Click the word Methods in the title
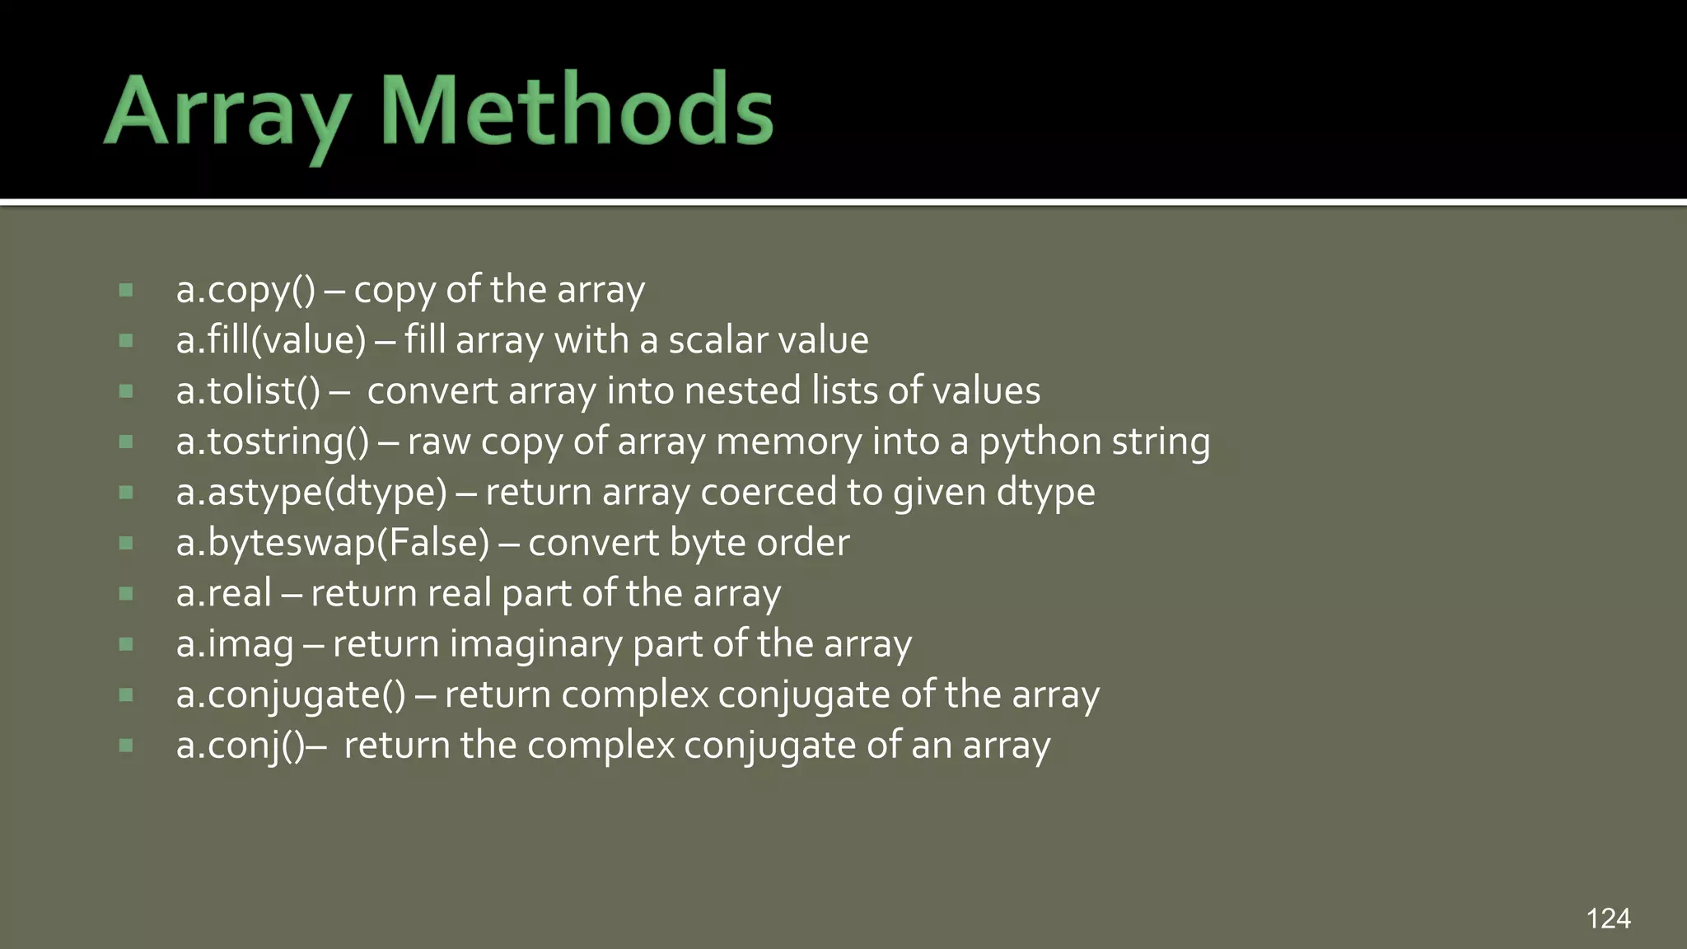pyautogui.click(x=577, y=110)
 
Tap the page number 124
pyautogui.click(x=1608, y=919)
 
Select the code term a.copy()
pyautogui.click(x=245, y=290)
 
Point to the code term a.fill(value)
pyautogui.click(x=271, y=340)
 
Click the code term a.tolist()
pyautogui.click(x=248, y=390)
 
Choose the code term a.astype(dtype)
pyautogui.click(x=311, y=493)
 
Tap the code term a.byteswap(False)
pyautogui.click(x=333, y=543)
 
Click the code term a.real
pyautogui.click(x=224, y=593)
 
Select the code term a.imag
pyautogui.click(x=235, y=644)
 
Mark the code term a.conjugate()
pyautogui.click(x=291, y=694)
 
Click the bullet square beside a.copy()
pyautogui.click(x=126, y=290)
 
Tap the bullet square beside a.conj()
pyautogui.click(x=126, y=746)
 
